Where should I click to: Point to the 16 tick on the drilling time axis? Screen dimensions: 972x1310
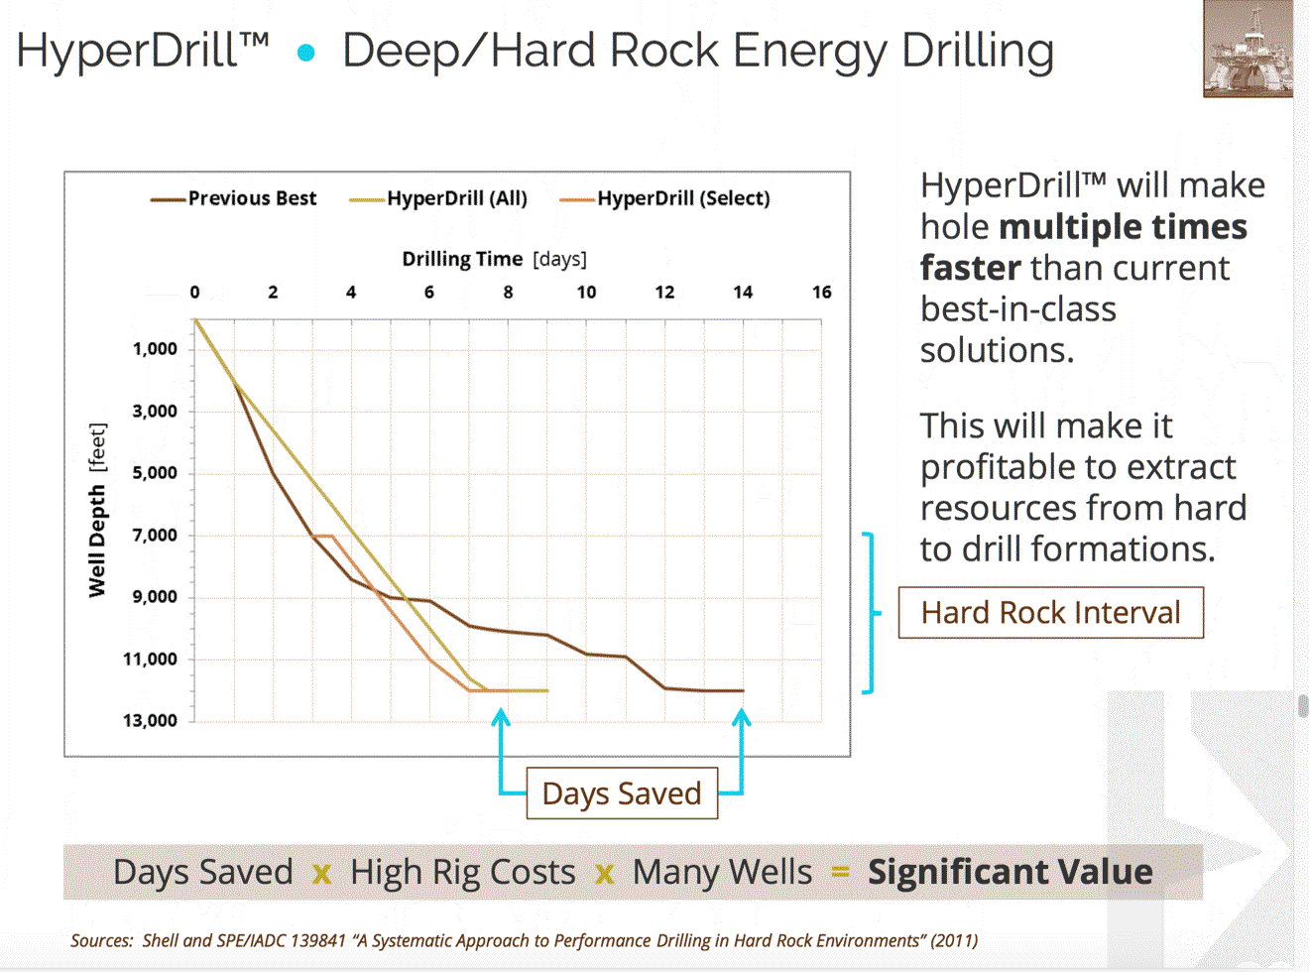[821, 293]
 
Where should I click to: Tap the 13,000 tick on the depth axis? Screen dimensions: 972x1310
[151, 721]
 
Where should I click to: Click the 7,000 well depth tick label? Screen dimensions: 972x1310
[156, 536]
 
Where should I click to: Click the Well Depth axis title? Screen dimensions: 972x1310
[97, 511]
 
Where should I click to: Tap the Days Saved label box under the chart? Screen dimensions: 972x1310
[622, 793]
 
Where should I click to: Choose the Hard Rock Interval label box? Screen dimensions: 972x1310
[1050, 613]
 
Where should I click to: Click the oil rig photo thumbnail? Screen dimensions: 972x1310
[1248, 49]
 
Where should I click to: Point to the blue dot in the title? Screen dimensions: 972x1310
[306, 53]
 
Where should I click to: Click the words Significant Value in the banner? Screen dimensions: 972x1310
[1010, 872]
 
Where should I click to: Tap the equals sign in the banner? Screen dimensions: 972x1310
[840, 872]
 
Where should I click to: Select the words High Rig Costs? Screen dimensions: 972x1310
[462, 872]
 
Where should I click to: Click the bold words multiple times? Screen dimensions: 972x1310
[1123, 227]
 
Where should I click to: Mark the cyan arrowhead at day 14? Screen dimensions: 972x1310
[741, 716]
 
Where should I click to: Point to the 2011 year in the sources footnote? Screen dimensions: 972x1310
[953, 940]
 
